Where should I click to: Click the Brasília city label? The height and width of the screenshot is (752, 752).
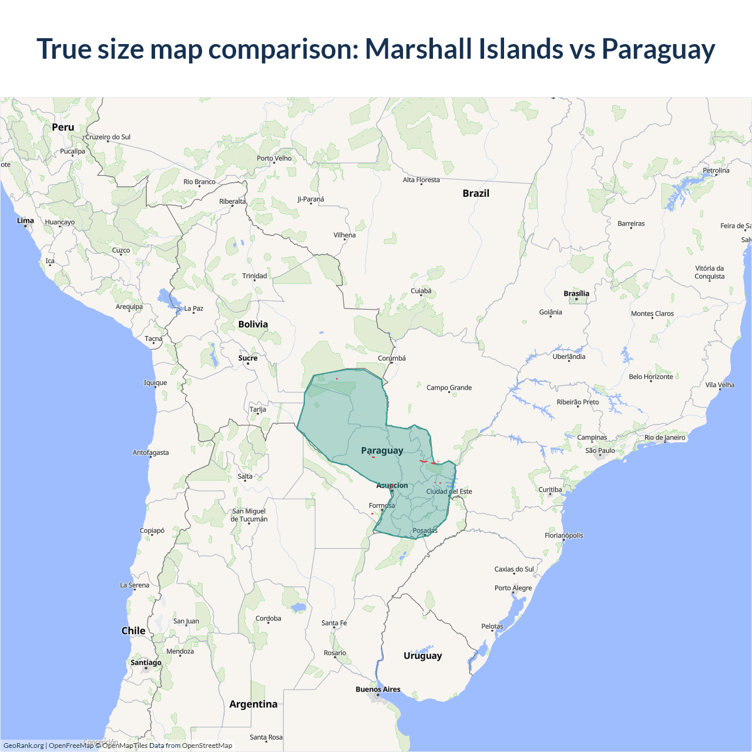(x=576, y=294)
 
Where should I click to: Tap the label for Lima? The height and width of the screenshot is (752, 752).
(x=25, y=221)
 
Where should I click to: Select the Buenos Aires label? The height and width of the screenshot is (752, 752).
(x=378, y=689)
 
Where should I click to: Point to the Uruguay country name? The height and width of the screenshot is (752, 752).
(x=422, y=656)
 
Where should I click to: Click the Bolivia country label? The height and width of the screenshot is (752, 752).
(x=253, y=324)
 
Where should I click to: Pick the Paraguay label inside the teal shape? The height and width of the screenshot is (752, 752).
(x=382, y=451)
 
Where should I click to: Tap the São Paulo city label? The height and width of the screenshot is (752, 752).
(x=600, y=451)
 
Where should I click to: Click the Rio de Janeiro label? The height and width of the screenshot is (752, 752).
(x=664, y=437)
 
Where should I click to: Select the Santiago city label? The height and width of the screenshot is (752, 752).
(x=146, y=663)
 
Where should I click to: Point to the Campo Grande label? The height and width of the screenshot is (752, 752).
(x=449, y=388)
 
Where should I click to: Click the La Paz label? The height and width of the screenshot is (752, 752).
(x=193, y=308)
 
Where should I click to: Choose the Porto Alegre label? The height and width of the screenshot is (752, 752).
(x=513, y=588)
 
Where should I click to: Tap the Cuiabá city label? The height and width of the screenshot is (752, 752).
(x=421, y=291)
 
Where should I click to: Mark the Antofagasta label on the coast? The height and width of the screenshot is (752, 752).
(x=150, y=453)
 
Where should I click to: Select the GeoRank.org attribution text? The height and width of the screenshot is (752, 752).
(x=23, y=746)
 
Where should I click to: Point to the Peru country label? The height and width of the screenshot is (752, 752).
(x=63, y=127)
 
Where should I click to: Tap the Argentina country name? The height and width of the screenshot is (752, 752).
(x=253, y=704)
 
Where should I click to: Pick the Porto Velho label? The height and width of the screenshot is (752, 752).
(x=274, y=158)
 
